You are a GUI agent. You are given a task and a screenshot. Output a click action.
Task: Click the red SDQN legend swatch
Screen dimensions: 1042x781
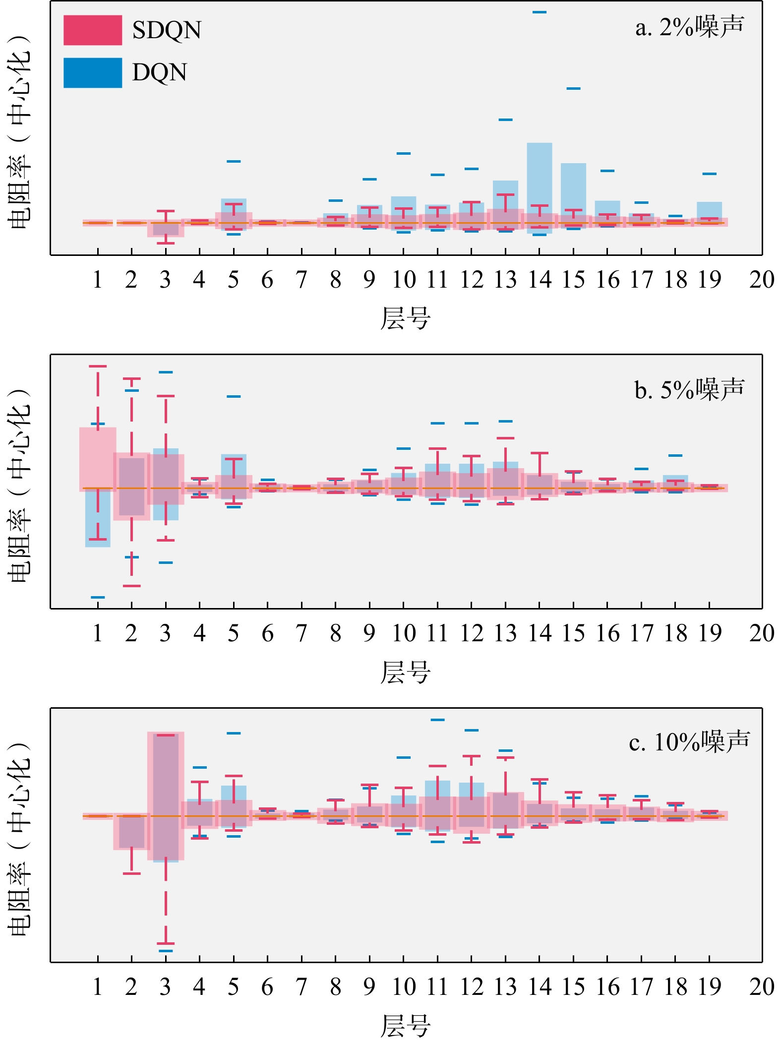point(93,30)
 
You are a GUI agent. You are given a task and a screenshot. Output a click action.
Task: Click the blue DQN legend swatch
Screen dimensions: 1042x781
point(93,73)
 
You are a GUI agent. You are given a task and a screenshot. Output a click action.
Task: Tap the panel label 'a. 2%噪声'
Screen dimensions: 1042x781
point(690,27)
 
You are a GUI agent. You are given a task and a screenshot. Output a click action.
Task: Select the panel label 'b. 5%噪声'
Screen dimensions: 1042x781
point(690,390)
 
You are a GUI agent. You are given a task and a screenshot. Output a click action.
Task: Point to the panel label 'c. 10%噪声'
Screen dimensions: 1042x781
point(690,742)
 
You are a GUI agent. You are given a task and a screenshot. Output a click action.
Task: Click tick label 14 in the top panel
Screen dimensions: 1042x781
point(540,280)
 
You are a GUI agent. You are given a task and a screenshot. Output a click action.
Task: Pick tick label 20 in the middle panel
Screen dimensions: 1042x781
point(761,633)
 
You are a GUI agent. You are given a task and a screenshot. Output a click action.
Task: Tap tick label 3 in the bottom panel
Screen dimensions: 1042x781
point(165,987)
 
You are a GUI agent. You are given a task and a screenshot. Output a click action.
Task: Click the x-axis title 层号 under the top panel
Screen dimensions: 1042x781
point(405,319)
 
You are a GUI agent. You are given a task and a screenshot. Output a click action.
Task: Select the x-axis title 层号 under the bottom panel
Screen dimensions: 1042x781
point(405,1026)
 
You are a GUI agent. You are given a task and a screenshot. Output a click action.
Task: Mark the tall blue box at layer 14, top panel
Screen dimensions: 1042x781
point(540,179)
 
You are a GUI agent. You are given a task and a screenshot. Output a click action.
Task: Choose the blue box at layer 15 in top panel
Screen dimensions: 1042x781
point(573,188)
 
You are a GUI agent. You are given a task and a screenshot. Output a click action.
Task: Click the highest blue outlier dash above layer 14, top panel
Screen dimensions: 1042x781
point(540,12)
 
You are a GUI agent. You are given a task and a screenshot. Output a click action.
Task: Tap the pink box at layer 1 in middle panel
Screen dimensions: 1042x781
point(98,459)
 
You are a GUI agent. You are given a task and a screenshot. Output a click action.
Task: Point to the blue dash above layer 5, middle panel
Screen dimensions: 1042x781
point(234,396)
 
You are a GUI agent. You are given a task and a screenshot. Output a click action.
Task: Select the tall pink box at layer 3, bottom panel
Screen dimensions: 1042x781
point(166,794)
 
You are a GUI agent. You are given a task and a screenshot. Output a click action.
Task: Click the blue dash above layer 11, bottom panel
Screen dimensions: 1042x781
point(437,720)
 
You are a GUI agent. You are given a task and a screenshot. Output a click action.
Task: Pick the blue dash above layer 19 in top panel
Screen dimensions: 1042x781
point(710,174)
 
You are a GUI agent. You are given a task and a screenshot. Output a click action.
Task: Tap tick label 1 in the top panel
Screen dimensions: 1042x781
point(98,280)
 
